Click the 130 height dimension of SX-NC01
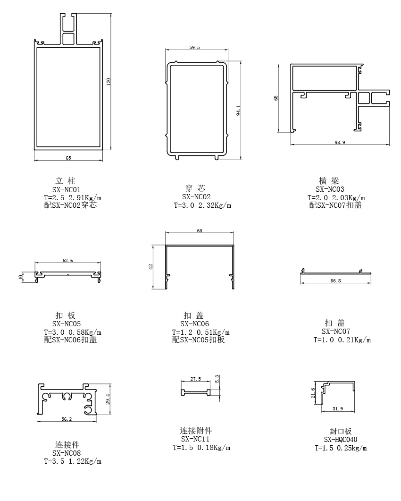(x=109, y=81)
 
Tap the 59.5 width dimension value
(x=194, y=47)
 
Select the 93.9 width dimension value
(x=339, y=143)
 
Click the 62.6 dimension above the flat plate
(x=67, y=260)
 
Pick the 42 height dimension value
(x=151, y=267)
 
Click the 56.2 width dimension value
(x=67, y=418)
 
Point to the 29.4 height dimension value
(x=108, y=399)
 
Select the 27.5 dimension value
(x=195, y=379)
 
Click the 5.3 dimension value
(x=217, y=379)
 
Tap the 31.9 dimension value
(x=337, y=408)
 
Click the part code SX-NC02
(x=196, y=196)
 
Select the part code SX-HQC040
(x=340, y=440)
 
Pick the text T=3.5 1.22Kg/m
(x=73, y=461)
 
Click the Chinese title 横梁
(x=329, y=181)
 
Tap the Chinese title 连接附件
(x=196, y=431)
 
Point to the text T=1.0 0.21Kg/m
(x=342, y=340)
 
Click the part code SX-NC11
(x=194, y=439)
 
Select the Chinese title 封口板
(x=341, y=431)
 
